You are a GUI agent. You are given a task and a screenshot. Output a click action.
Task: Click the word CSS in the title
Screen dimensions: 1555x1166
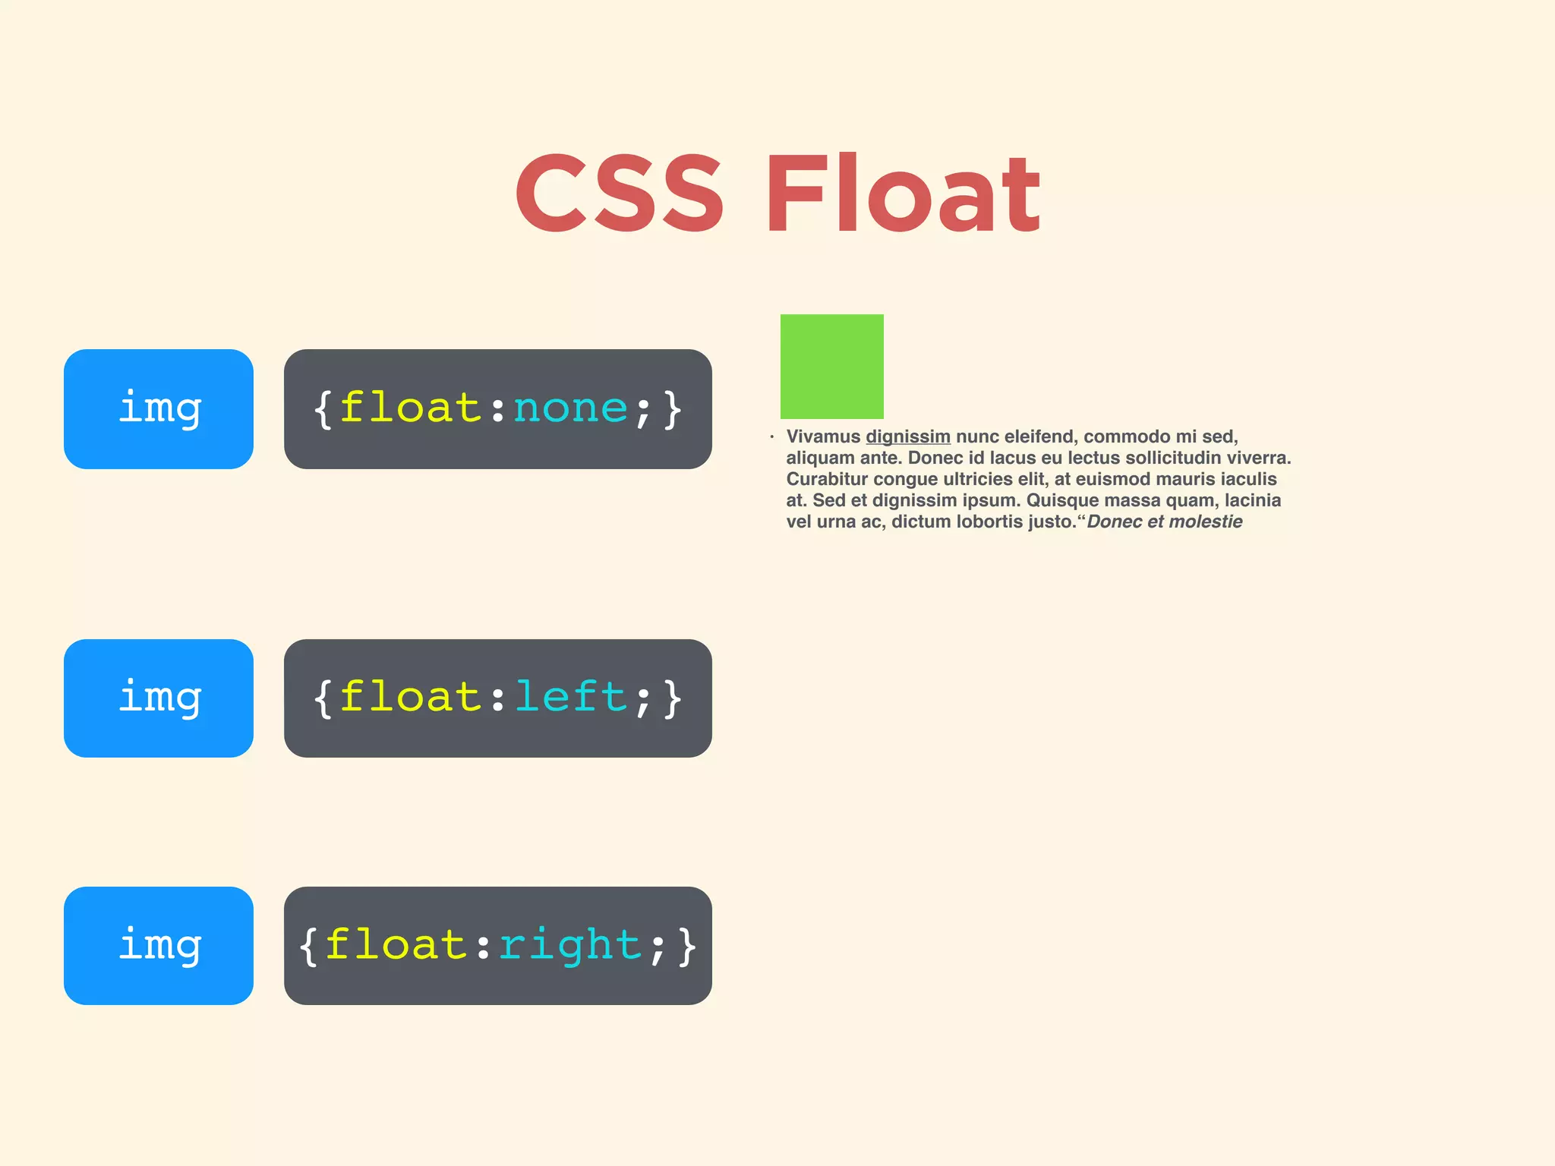point(619,194)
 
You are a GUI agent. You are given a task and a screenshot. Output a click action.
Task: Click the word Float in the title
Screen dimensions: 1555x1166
point(902,194)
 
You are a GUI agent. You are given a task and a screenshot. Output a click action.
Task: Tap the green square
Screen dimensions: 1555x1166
point(831,366)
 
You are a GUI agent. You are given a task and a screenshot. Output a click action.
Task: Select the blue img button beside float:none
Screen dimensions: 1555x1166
point(159,408)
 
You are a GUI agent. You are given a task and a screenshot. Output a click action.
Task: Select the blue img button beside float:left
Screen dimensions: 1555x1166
point(159,698)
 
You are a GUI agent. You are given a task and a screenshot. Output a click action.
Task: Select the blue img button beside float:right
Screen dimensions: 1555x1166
point(159,945)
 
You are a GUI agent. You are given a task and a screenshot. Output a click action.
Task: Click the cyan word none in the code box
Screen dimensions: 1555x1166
point(571,408)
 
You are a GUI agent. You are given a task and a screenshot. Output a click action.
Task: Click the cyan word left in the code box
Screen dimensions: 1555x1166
point(571,697)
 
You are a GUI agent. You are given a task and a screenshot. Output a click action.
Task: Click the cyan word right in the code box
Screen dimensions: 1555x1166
point(570,946)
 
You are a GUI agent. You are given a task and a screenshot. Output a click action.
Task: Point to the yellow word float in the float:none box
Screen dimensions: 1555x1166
point(410,408)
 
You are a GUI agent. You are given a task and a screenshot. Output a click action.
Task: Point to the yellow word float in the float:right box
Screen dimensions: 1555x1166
point(396,945)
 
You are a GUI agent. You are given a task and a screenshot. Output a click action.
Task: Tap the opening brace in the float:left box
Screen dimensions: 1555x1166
point(323,698)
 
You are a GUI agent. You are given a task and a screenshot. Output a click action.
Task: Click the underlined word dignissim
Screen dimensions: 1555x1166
point(908,437)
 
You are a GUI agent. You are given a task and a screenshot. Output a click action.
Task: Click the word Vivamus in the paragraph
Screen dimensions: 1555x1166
point(823,436)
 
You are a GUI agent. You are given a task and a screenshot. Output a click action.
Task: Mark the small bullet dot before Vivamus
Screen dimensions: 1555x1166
point(771,436)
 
